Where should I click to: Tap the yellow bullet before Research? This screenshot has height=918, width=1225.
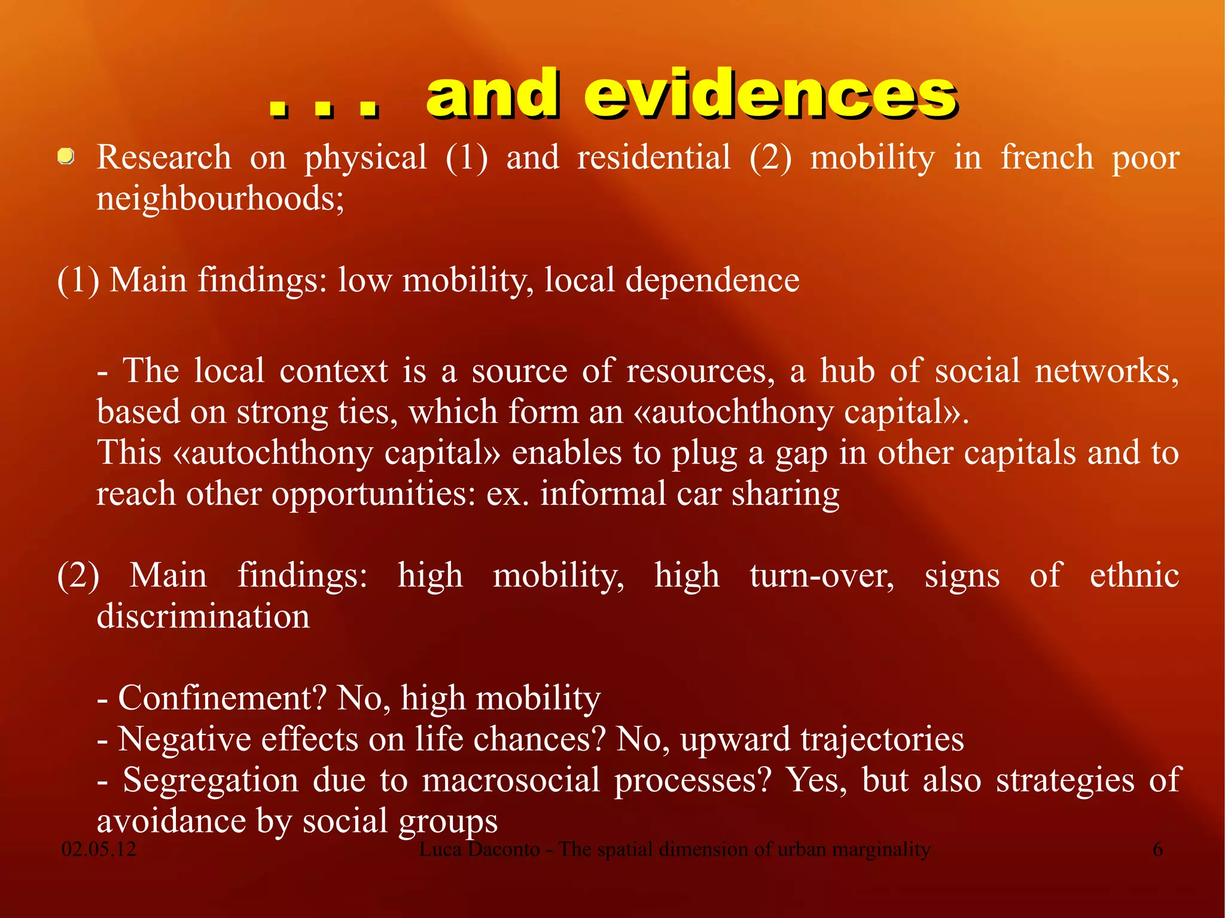(x=66, y=157)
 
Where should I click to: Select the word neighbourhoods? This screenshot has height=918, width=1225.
(x=220, y=199)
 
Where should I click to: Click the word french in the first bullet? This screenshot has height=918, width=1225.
(x=1047, y=158)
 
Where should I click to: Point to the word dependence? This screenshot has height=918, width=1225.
(x=712, y=280)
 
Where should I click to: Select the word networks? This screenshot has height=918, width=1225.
(x=1107, y=371)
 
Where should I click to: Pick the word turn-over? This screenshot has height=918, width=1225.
(x=822, y=576)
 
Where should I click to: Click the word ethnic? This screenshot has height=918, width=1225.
(x=1134, y=576)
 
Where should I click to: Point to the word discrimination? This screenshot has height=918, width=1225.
(x=203, y=617)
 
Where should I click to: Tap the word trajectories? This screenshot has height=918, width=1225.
(x=882, y=740)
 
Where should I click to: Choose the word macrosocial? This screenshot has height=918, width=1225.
(x=511, y=780)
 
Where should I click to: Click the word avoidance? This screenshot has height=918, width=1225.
(x=171, y=821)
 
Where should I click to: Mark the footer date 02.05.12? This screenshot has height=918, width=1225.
(x=99, y=849)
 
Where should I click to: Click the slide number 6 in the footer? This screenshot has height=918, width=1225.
(x=1157, y=849)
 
